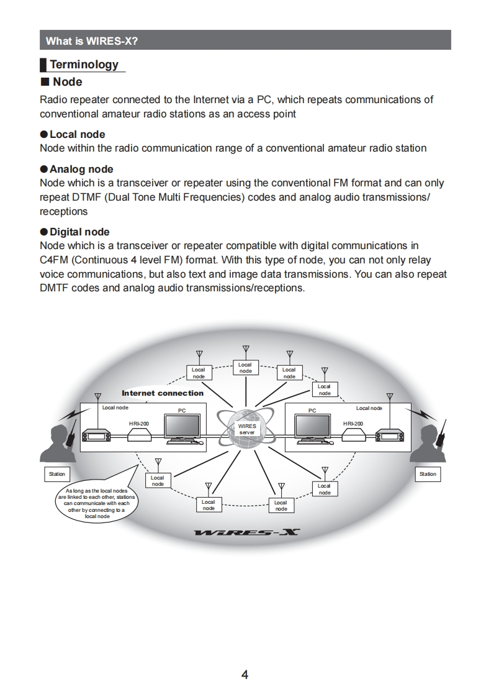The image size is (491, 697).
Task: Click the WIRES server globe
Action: coord(247,429)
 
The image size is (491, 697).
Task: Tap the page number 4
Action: coord(245,675)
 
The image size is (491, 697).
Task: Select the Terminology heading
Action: coord(83,65)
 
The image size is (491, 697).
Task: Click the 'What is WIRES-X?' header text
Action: coord(92,41)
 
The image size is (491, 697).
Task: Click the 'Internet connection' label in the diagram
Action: coord(163,393)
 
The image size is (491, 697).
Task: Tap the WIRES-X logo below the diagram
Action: coord(246,532)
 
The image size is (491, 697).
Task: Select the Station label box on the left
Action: coord(56,474)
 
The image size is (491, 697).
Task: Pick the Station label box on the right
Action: coord(428,474)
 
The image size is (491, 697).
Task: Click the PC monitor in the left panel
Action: coord(182,428)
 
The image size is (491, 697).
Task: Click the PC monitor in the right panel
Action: coord(312,428)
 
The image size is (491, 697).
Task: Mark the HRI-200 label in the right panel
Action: coord(353,423)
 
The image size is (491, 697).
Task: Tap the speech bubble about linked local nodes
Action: coord(96,503)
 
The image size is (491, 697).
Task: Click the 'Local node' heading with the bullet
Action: coord(77,134)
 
